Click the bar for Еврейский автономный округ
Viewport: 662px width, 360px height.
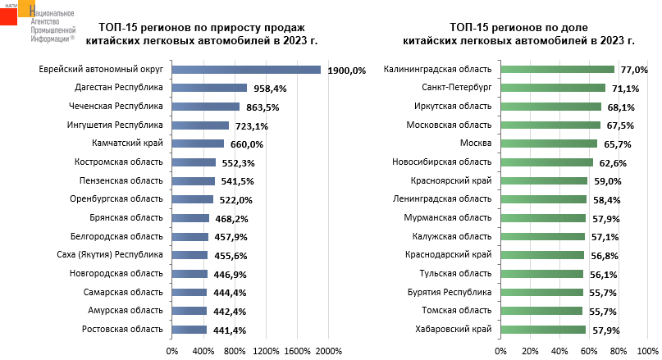point(246,70)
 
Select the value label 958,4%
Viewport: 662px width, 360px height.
point(268,89)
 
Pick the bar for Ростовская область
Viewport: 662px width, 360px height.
point(189,330)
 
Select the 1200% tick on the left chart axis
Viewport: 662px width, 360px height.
point(266,351)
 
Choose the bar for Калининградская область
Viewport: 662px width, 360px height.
point(557,70)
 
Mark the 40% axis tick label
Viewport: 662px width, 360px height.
point(559,351)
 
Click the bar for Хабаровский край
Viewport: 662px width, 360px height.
point(543,330)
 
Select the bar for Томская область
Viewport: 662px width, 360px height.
point(541,311)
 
